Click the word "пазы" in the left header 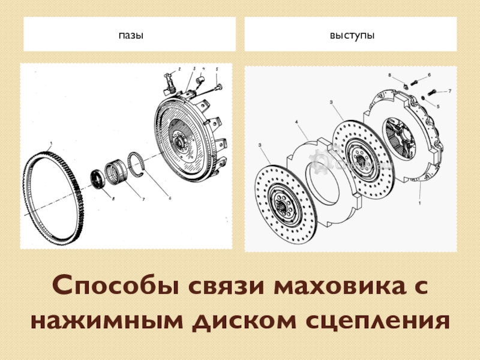click(x=131, y=35)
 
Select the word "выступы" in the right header click(x=352, y=35)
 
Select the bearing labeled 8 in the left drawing click(x=99, y=179)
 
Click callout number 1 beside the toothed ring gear click(x=51, y=143)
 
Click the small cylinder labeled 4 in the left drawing click(x=201, y=81)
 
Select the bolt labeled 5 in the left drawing click(x=218, y=87)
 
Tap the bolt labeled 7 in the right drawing click(x=431, y=92)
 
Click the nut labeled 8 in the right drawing click(x=404, y=86)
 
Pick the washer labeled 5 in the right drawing click(x=423, y=98)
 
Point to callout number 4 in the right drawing click(x=296, y=122)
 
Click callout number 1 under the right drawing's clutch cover click(x=419, y=203)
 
